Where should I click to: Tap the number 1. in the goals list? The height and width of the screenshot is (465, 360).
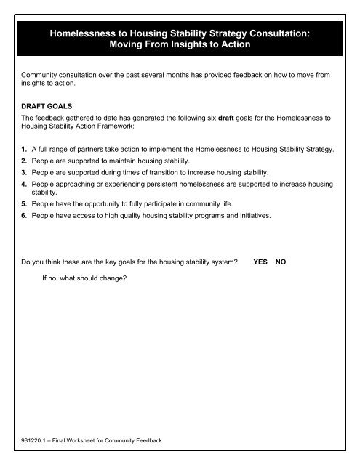[x=25, y=150]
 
